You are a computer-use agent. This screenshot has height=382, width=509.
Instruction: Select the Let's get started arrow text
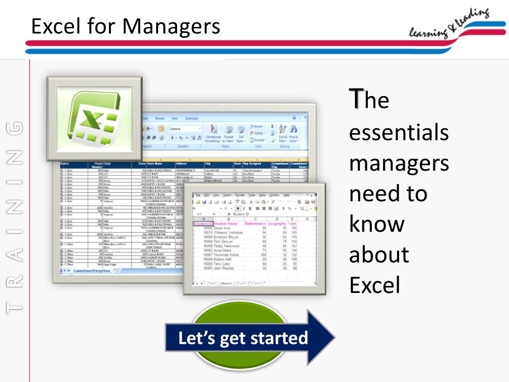[x=243, y=338]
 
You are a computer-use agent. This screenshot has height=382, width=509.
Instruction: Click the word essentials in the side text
[x=399, y=133]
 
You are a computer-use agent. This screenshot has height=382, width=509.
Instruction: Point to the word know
[x=376, y=224]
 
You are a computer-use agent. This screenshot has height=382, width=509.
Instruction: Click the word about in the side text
[x=379, y=255]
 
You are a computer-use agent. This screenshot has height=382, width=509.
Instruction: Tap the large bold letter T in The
[x=355, y=98]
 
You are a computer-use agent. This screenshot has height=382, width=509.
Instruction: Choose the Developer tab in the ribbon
[x=192, y=118]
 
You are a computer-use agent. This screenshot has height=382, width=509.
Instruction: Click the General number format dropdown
[x=185, y=128]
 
